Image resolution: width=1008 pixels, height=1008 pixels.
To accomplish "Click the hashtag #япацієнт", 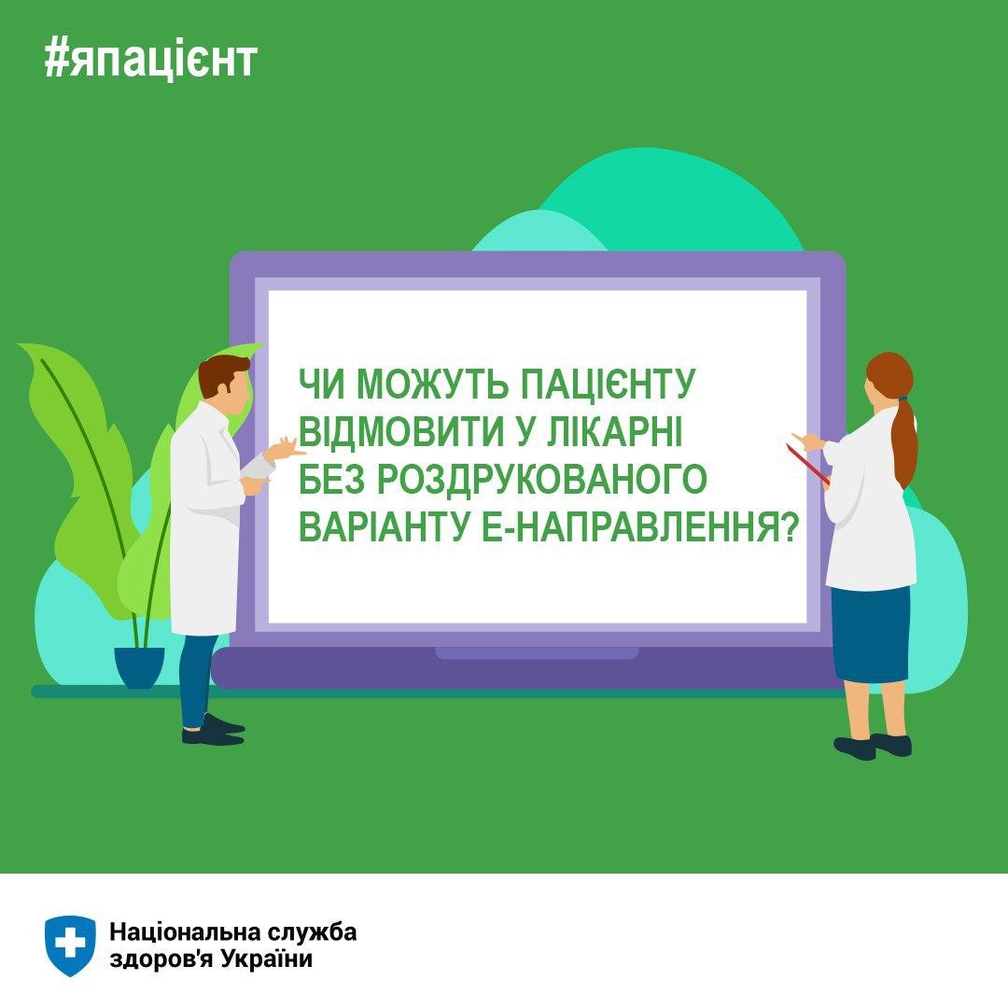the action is [151, 59].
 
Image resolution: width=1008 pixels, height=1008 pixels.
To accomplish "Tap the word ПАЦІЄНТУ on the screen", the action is [608, 385].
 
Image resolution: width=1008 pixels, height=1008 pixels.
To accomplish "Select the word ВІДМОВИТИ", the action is [401, 432].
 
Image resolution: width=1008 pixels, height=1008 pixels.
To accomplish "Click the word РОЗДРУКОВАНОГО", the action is [541, 479].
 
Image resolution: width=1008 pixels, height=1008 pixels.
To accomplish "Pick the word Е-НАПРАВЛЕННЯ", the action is [639, 526].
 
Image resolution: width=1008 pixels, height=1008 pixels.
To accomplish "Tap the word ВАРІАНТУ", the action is [384, 526].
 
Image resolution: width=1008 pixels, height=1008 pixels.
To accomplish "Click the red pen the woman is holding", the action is [808, 464].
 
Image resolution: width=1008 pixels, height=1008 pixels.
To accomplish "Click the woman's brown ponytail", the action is [903, 443].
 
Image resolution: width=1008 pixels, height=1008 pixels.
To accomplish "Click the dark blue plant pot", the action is [139, 667].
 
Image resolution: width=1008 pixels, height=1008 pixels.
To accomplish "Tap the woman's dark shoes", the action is [873, 747].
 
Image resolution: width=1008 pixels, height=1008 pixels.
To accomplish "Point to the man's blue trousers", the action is [196, 680].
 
